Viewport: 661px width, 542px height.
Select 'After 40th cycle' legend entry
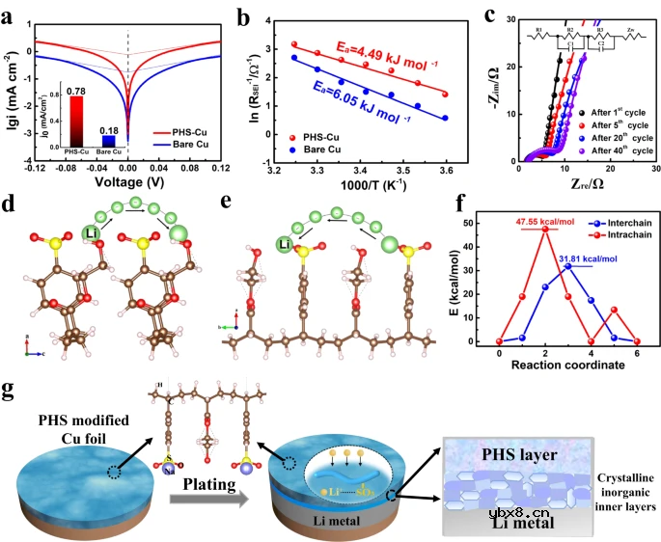[x=612, y=150]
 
